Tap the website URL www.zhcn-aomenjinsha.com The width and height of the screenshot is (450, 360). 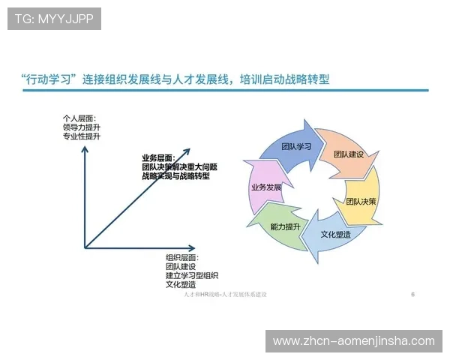pos(353,340)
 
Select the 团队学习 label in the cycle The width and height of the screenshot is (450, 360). pos(295,146)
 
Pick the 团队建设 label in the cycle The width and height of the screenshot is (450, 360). pos(349,154)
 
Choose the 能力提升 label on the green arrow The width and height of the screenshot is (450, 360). pos(285,226)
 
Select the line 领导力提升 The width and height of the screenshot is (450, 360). pos(82,127)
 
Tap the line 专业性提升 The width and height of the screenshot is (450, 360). pos(82,137)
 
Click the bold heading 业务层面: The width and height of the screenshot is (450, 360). pos(158,158)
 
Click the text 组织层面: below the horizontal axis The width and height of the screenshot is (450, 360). pos(182,257)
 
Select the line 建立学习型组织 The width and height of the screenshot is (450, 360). pos(192,275)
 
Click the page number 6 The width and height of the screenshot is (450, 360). pos(413,295)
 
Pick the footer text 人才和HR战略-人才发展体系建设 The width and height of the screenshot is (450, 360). pos(225,295)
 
